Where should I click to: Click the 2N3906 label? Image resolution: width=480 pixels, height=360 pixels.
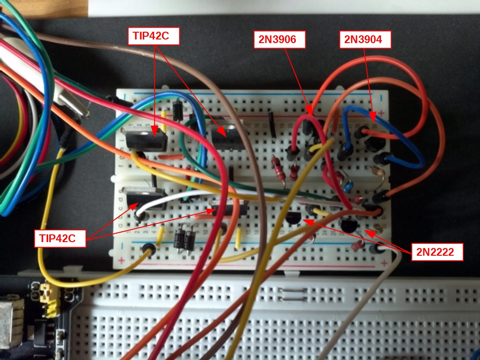pyautogui.click(x=279, y=39)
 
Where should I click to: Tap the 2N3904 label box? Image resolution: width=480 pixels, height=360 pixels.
pyautogui.click(x=365, y=39)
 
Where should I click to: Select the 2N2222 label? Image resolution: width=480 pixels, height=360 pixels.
pyautogui.click(x=437, y=252)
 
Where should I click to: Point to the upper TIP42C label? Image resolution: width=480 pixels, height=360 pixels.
pyautogui.click(x=153, y=36)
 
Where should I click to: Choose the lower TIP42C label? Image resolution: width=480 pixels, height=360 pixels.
pyautogui.click(x=60, y=238)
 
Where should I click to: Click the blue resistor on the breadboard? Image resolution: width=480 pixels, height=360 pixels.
pyautogui.click(x=347, y=186)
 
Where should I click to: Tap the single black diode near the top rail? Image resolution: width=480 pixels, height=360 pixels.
pyautogui.click(x=177, y=110)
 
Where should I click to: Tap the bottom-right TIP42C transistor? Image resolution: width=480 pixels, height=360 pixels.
pyautogui.click(x=230, y=209)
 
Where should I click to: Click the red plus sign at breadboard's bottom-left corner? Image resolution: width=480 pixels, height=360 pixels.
pyautogui.click(x=122, y=261)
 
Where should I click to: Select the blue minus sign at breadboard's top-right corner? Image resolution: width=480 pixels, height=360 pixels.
pyautogui.click(x=382, y=97)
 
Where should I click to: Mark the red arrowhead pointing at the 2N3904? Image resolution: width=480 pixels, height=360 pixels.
pyautogui.click(x=372, y=118)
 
